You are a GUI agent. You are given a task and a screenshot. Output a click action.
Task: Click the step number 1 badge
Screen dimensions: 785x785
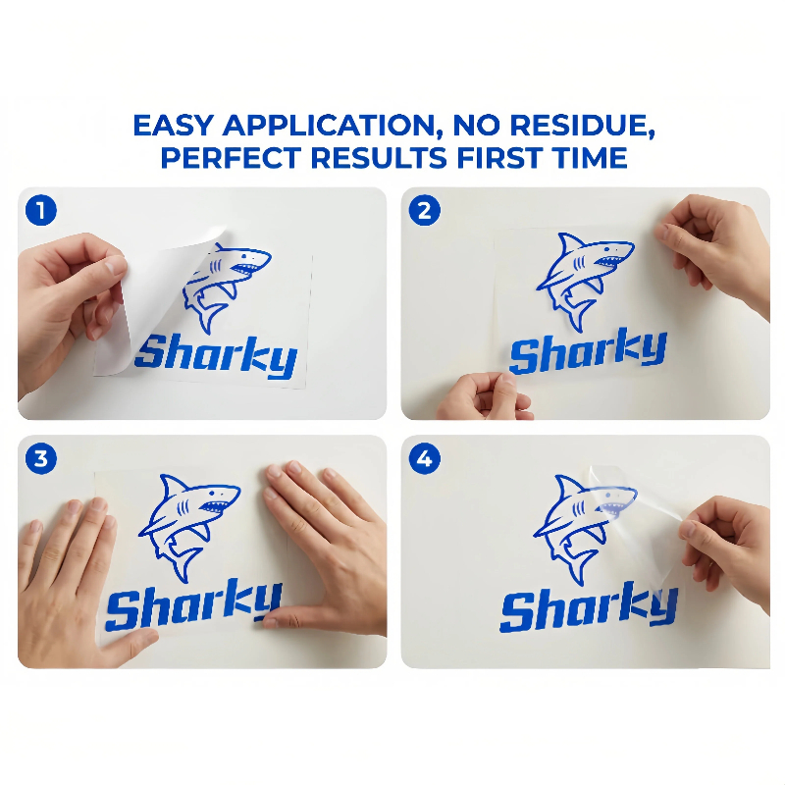(41, 210)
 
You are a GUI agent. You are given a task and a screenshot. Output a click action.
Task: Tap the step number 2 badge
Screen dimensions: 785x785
(425, 210)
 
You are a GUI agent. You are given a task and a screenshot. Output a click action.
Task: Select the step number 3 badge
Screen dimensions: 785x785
(41, 458)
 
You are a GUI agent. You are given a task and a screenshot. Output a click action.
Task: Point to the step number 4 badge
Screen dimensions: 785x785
(425, 458)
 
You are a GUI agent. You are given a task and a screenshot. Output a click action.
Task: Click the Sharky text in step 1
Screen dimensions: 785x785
(216, 356)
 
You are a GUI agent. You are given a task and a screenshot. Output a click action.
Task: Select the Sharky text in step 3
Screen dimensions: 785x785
(192, 604)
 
